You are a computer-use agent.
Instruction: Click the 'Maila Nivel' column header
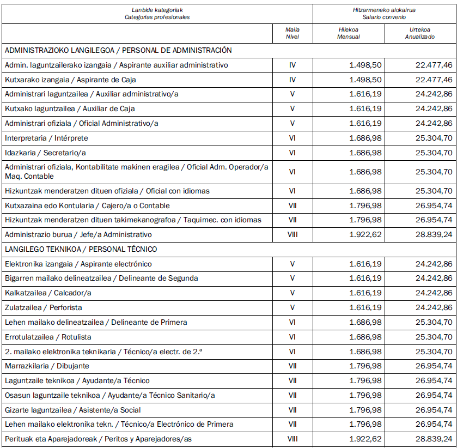(293, 33)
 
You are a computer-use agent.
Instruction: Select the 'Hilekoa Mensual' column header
(349, 33)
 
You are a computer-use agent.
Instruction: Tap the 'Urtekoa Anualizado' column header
(419, 33)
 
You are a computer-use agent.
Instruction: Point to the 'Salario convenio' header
(384, 17)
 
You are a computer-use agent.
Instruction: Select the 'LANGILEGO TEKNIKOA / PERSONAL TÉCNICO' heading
(81, 249)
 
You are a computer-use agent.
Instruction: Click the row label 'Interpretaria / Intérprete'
(46, 138)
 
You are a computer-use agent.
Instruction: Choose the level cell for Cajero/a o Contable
(293, 206)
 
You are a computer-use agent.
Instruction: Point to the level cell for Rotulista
(293, 337)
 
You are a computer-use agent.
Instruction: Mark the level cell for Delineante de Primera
(293, 322)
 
